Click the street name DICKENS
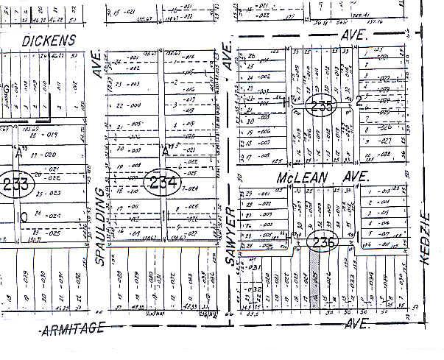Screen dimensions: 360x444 pyautogui.click(x=49, y=40)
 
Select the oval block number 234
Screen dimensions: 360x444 pyautogui.click(x=162, y=182)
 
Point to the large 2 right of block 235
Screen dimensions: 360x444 pyautogui.click(x=360, y=101)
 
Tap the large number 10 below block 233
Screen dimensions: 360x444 pyautogui.click(x=24, y=216)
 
